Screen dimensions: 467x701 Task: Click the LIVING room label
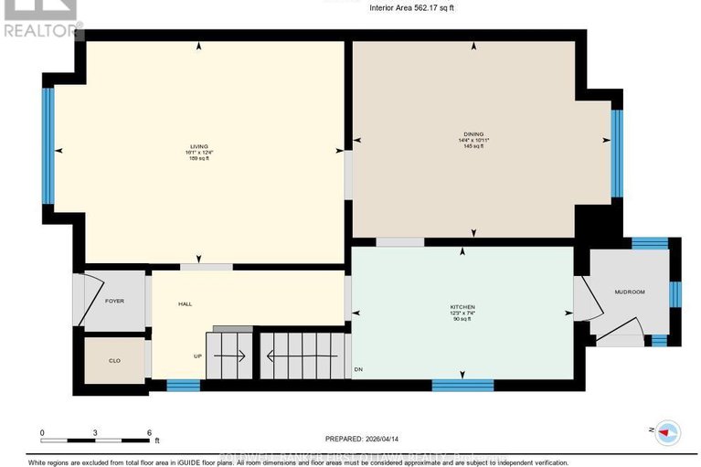pyautogui.click(x=198, y=146)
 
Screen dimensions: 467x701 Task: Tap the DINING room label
pyautogui.click(x=473, y=133)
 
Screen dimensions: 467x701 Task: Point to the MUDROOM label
pyautogui.click(x=630, y=292)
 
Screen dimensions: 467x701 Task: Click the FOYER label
pyautogui.click(x=114, y=301)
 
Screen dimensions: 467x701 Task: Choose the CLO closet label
pyautogui.click(x=114, y=361)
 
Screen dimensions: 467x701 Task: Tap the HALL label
pyautogui.click(x=185, y=303)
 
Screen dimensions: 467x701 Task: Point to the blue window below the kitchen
pyautogui.click(x=462, y=385)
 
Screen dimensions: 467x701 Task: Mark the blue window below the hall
pyautogui.click(x=183, y=385)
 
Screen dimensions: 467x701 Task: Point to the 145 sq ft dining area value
pyautogui.click(x=473, y=146)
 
